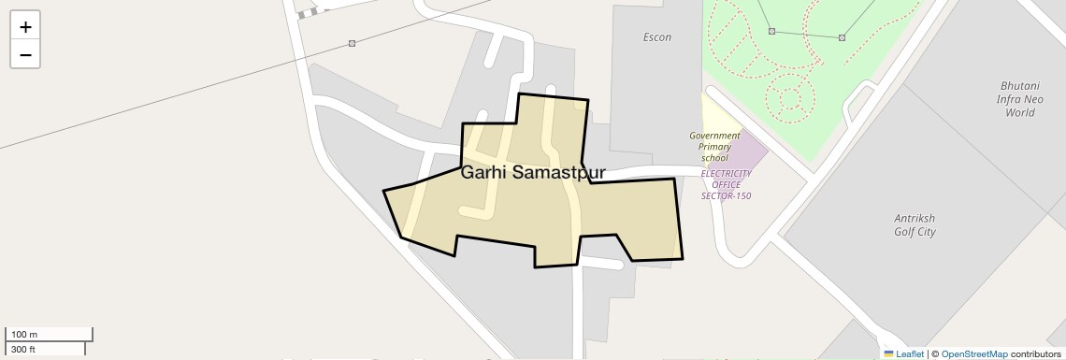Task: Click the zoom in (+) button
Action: [25, 26]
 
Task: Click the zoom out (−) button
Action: [25, 54]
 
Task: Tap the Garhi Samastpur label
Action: [533, 173]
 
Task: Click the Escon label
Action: [657, 37]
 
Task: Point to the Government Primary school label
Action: [714, 147]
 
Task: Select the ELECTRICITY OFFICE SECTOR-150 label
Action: [727, 184]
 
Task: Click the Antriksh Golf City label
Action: [914, 225]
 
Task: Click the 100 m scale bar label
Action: [24, 334]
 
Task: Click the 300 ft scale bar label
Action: [23, 349]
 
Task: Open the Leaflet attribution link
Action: [910, 354]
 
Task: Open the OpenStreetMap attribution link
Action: [973, 354]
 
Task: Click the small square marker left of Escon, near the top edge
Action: [352, 43]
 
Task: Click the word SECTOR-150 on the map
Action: [727, 195]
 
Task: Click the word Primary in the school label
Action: [714, 147]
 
